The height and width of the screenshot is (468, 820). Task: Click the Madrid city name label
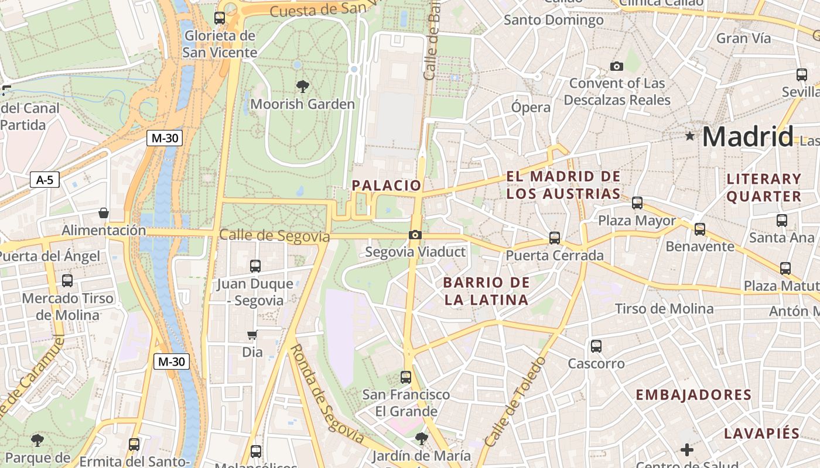tap(747, 136)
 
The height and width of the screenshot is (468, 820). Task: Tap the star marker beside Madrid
tap(690, 136)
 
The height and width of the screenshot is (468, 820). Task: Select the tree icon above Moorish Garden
tap(302, 87)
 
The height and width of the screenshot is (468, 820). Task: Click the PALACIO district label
tap(386, 185)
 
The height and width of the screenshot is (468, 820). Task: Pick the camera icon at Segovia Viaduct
tap(415, 235)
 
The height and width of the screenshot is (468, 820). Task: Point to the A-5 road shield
tap(45, 180)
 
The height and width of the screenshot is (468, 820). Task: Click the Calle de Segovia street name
tap(274, 236)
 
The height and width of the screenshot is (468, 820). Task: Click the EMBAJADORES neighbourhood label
tap(693, 395)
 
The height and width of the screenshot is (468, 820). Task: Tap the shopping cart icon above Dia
tap(252, 335)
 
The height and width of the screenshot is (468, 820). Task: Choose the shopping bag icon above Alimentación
tap(104, 213)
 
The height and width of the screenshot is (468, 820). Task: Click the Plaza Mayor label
tap(637, 221)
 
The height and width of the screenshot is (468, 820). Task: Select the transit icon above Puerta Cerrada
tap(555, 238)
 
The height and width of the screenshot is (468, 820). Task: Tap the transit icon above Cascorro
tap(596, 346)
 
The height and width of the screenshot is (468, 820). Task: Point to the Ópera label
tap(531, 107)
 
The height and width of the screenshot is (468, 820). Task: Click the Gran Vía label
tap(744, 39)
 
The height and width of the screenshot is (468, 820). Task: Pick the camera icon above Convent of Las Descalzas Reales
tap(616, 67)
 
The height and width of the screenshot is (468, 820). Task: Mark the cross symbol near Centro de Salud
tap(687, 450)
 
